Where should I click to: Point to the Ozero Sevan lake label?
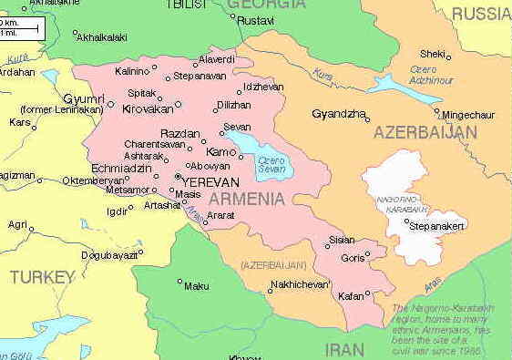(x=272, y=165)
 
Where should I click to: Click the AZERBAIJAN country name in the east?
(x=425, y=133)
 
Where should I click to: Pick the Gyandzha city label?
(x=338, y=115)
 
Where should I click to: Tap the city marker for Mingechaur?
(x=437, y=112)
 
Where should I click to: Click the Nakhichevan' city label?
(x=299, y=285)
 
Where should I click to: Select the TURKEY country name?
(x=42, y=276)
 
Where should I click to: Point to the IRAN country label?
(x=344, y=349)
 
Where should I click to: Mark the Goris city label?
(x=352, y=258)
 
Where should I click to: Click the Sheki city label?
(x=433, y=54)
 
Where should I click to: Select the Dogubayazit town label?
(x=108, y=255)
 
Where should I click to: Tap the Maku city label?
(x=196, y=286)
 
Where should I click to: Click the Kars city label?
(x=19, y=121)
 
